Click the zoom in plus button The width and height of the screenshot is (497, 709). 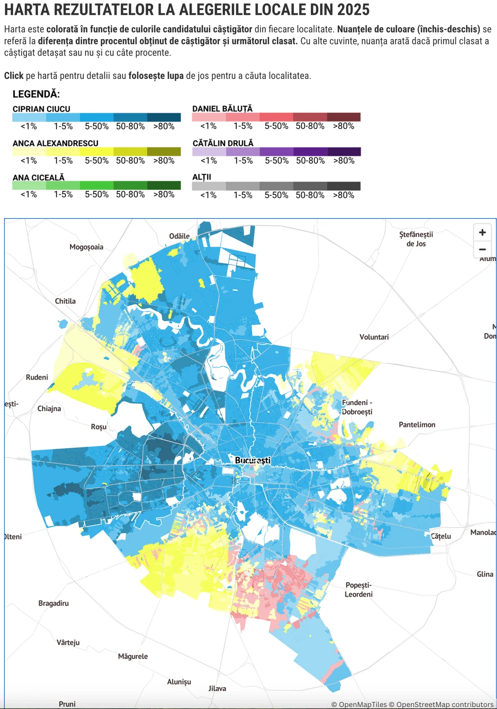click(x=482, y=232)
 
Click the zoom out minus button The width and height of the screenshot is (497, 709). click(x=482, y=249)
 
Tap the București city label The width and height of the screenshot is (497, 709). click(x=253, y=460)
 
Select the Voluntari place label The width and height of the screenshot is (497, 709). click(x=374, y=337)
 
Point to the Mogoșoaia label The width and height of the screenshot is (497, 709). click(x=86, y=247)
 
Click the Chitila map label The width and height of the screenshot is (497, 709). click(x=65, y=301)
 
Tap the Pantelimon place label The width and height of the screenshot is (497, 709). click(x=417, y=424)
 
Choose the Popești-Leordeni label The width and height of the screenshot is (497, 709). click(x=359, y=589)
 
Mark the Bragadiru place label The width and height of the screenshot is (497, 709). click(x=53, y=603)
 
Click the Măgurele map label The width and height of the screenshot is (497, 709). click(x=133, y=656)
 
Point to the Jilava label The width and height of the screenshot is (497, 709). click(x=217, y=688)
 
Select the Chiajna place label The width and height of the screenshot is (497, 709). click(x=49, y=409)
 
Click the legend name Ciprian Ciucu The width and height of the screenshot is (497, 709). click(x=42, y=109)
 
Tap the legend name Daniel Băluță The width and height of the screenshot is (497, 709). click(x=222, y=109)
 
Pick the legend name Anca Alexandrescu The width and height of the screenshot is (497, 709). click(x=55, y=143)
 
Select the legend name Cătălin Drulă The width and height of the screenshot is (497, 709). click(x=223, y=143)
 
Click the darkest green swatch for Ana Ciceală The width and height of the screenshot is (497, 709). click(x=164, y=185)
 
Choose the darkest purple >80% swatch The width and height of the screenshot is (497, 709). click(x=344, y=151)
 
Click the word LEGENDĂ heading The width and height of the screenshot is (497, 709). click(x=36, y=94)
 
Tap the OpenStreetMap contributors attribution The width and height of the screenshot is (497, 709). click(x=443, y=704)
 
